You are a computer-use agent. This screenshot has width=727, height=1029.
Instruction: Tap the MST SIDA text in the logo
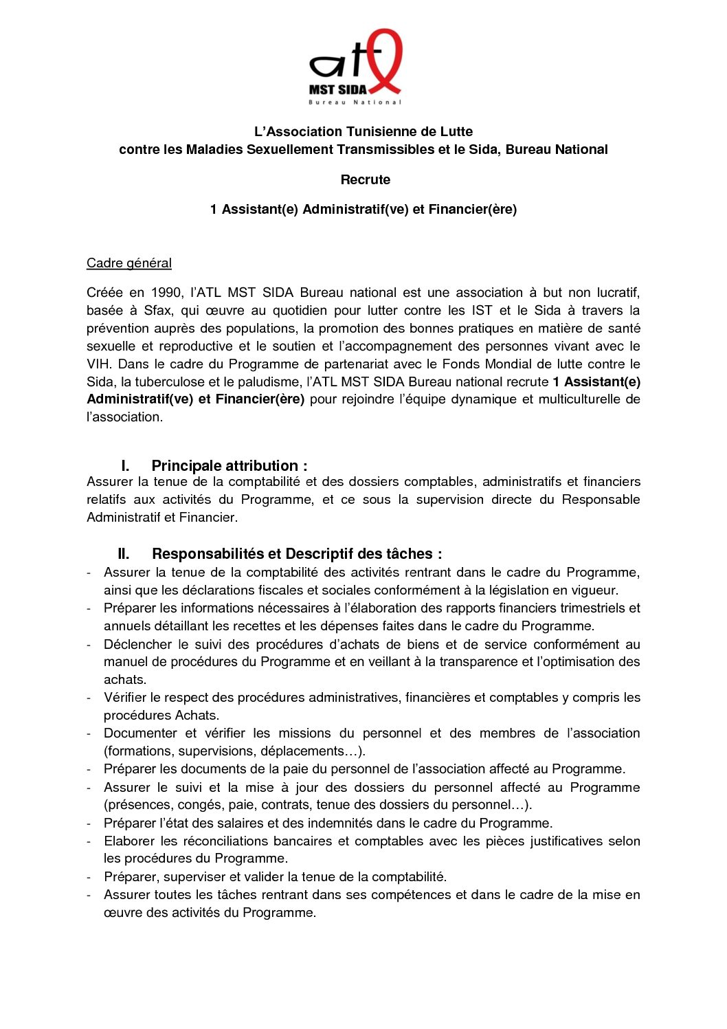338,89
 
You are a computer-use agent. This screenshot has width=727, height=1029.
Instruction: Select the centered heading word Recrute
365,179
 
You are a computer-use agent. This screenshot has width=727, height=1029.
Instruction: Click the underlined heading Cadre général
129,263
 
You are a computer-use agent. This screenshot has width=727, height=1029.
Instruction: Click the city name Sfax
158,310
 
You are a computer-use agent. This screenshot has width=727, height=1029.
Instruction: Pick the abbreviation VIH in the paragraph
98,364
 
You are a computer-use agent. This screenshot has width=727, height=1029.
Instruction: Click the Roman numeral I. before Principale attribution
125,465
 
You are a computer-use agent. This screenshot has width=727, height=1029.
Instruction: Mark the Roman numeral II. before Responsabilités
124,553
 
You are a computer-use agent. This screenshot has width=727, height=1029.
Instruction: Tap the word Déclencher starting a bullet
137,644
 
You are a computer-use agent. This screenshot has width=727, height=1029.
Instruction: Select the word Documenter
140,733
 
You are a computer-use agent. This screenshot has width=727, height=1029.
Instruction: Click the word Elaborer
128,841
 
